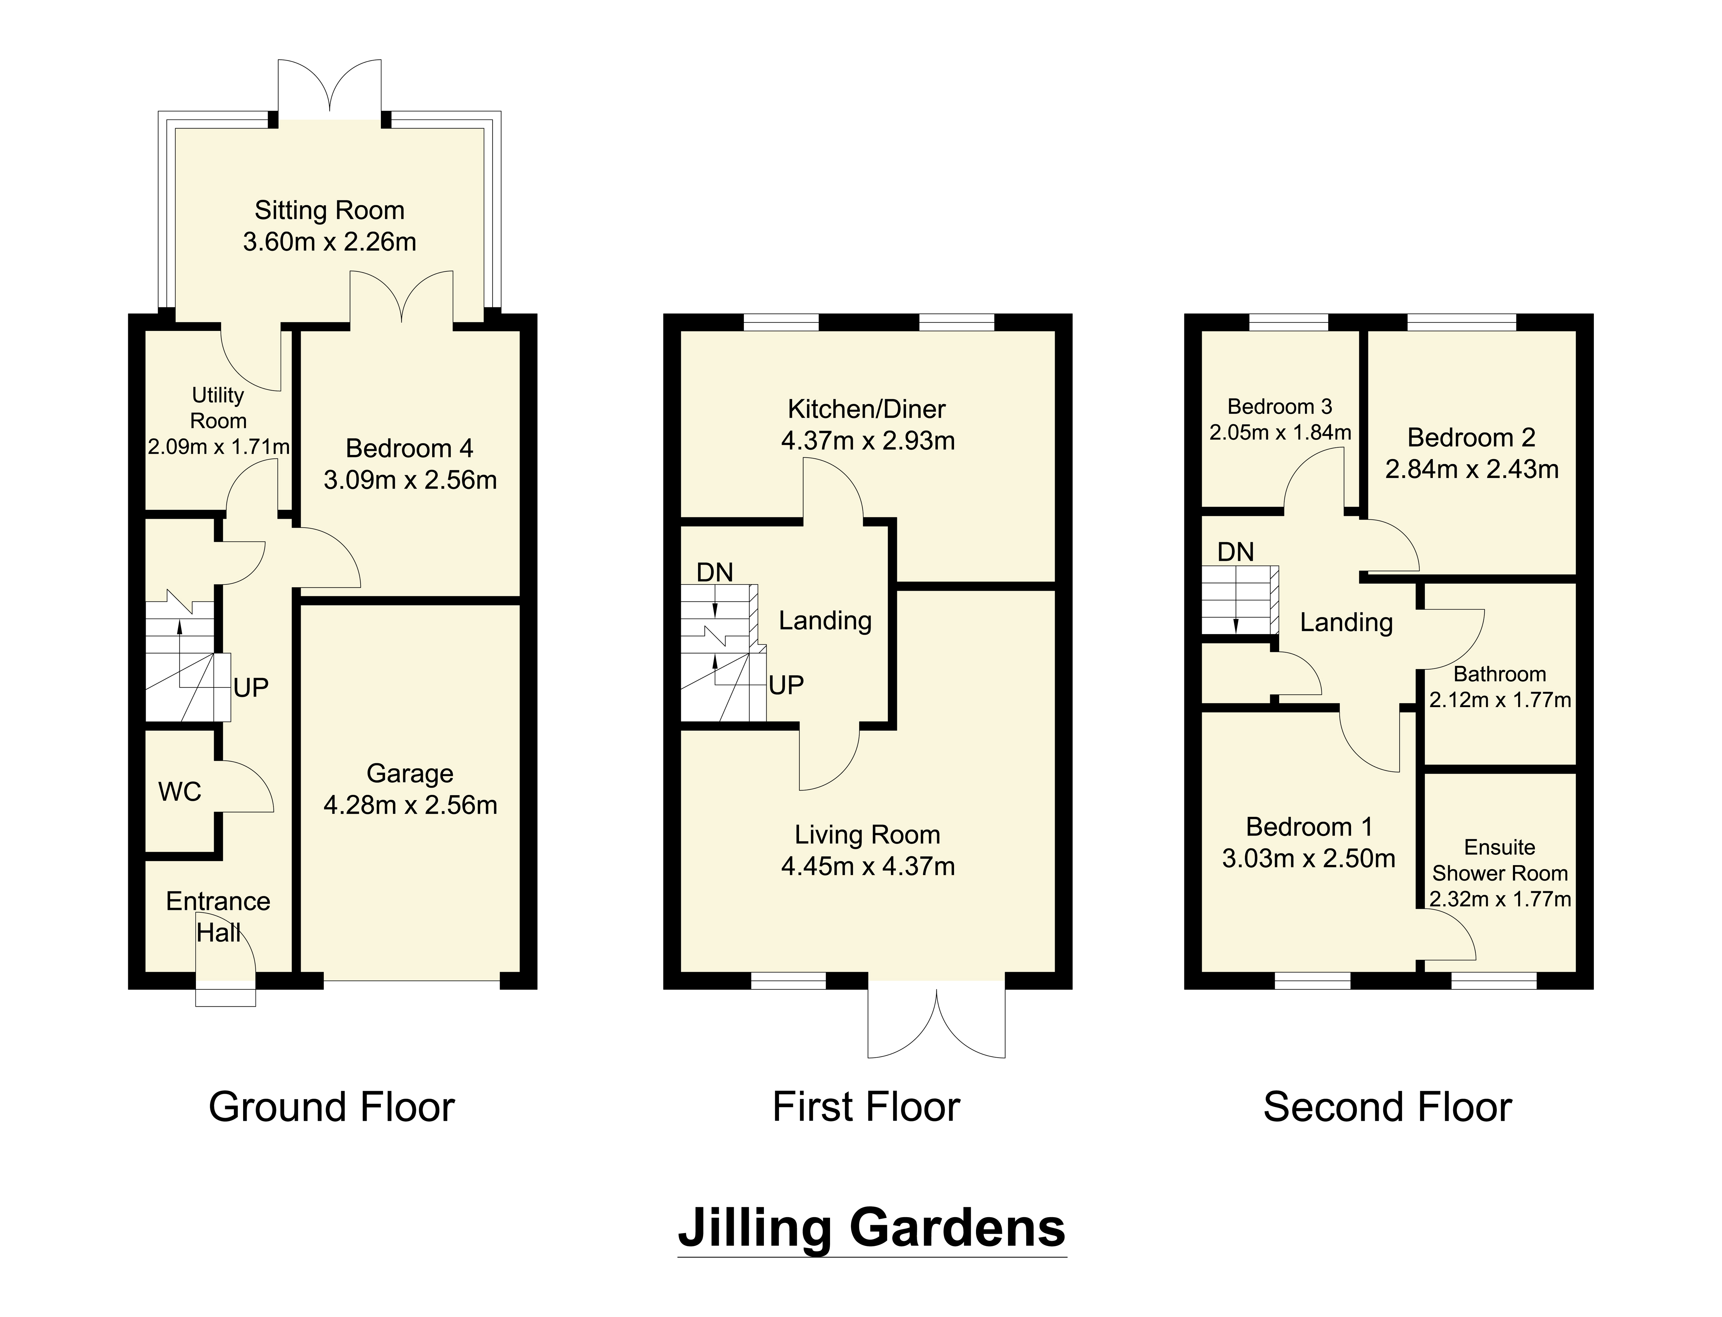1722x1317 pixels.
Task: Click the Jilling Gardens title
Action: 872,1228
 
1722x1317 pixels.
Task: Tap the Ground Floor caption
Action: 332,1107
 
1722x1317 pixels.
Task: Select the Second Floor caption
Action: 1387,1107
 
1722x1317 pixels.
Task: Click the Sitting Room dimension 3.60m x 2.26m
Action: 329,241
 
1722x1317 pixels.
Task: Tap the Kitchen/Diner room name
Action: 867,409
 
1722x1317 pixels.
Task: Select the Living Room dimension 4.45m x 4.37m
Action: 868,866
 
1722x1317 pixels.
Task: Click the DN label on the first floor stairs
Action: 715,572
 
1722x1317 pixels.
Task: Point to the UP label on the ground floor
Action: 251,687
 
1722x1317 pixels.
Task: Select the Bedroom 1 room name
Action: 1309,827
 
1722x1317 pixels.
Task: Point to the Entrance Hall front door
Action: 226,958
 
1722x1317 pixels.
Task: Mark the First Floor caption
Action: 866,1107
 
